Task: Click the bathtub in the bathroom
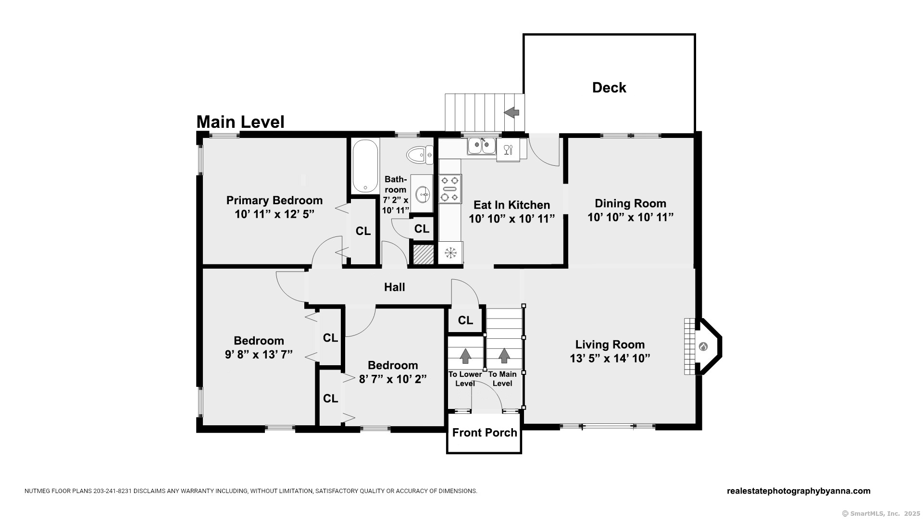tap(365, 166)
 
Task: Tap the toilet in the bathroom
tap(420, 155)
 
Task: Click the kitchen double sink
tap(482, 146)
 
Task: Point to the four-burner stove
tap(450, 189)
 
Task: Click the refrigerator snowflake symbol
tap(450, 253)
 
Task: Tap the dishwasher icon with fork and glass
tap(508, 149)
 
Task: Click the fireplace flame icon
tap(702, 346)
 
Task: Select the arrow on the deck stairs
tap(511, 112)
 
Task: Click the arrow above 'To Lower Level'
tap(465, 356)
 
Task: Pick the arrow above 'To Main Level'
tap(504, 356)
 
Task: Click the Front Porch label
tap(485, 432)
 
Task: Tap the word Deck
tap(609, 87)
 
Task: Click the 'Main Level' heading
tap(240, 122)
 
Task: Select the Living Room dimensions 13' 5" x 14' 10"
tap(610, 358)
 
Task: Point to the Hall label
tap(394, 287)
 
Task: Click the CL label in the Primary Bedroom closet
tap(363, 231)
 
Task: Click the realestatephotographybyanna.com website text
tap(798, 491)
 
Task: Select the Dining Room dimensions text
tap(630, 217)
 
